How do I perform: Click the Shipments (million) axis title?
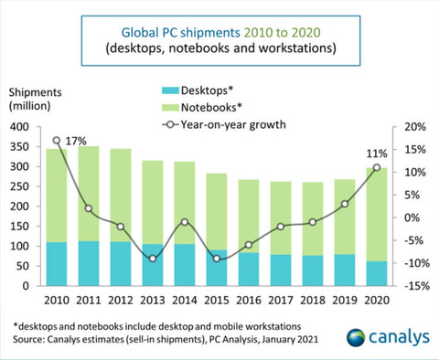36,100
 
